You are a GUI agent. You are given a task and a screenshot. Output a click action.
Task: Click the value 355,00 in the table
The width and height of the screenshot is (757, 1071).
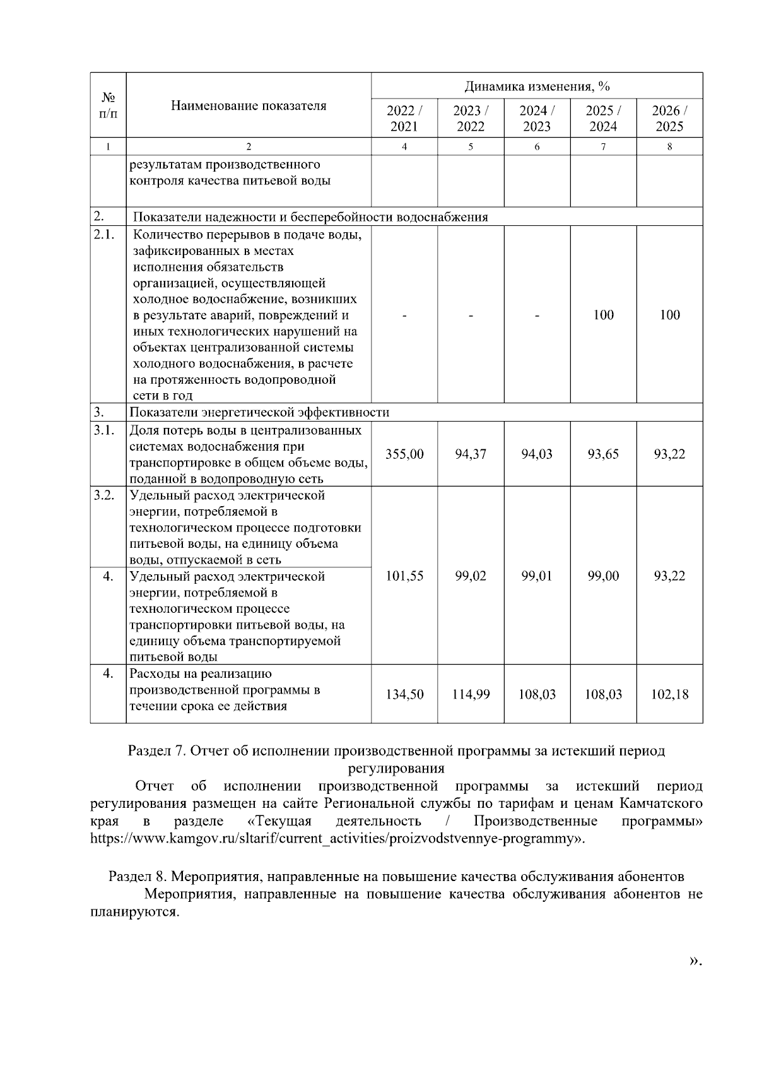click(x=404, y=454)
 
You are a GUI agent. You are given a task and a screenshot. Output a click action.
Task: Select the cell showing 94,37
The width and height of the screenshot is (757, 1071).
click(x=471, y=454)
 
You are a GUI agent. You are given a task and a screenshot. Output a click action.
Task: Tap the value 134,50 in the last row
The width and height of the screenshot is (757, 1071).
click(x=404, y=695)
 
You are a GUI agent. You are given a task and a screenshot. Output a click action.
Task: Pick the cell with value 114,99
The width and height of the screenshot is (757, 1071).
click(x=471, y=695)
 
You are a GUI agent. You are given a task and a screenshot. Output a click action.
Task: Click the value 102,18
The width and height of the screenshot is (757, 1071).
click(x=669, y=695)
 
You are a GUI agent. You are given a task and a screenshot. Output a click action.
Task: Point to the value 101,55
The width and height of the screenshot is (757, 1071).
click(x=404, y=576)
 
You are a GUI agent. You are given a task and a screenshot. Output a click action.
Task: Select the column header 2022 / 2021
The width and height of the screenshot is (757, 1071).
click(x=404, y=118)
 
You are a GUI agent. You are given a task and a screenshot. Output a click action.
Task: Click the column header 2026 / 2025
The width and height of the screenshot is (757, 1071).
click(x=669, y=118)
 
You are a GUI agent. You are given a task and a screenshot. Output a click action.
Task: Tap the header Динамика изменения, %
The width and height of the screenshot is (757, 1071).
click(x=537, y=86)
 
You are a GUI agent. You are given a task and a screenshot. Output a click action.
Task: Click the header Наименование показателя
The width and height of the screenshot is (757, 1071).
click(x=249, y=106)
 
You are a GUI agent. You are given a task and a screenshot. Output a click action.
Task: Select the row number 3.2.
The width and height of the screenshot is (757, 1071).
click(x=104, y=495)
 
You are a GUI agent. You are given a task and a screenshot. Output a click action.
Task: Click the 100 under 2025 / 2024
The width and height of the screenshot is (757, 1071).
click(x=603, y=315)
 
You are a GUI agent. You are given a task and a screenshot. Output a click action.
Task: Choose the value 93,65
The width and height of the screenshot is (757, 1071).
click(x=603, y=454)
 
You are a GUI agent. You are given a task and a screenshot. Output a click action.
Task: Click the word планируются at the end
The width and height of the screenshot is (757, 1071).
click(x=134, y=912)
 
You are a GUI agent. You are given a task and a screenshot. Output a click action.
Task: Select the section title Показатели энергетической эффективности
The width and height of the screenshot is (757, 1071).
click(x=259, y=413)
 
